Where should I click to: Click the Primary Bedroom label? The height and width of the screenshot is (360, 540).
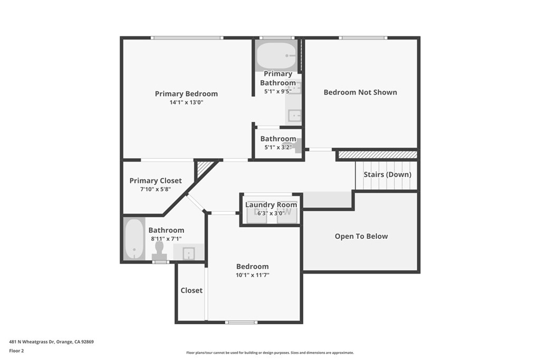[x=186, y=94]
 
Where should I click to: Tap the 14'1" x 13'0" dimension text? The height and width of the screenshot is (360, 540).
[x=186, y=102]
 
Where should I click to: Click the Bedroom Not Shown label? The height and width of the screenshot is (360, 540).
[x=360, y=92]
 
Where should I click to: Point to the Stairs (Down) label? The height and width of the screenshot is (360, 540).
[x=388, y=174]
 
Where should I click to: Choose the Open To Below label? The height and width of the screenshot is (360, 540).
[x=361, y=236]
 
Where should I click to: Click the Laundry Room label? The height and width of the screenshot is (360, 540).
[x=271, y=205]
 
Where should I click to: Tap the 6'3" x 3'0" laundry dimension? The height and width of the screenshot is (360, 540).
[x=271, y=213]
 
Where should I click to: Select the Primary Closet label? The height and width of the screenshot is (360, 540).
[x=156, y=181]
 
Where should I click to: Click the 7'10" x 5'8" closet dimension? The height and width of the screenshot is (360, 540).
[x=156, y=189]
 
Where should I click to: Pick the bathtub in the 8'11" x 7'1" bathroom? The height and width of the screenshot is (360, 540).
[x=134, y=239]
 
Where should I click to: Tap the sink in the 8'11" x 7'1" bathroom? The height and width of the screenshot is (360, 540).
[x=189, y=252]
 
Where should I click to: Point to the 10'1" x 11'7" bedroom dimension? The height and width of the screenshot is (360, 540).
[x=253, y=275]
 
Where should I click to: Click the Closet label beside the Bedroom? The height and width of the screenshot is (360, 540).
[x=191, y=290]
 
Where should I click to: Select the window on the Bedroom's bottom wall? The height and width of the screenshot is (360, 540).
[x=241, y=322]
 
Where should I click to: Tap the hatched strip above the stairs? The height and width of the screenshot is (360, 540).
[x=378, y=155]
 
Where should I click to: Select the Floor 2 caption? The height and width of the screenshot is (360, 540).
[x=16, y=351]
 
